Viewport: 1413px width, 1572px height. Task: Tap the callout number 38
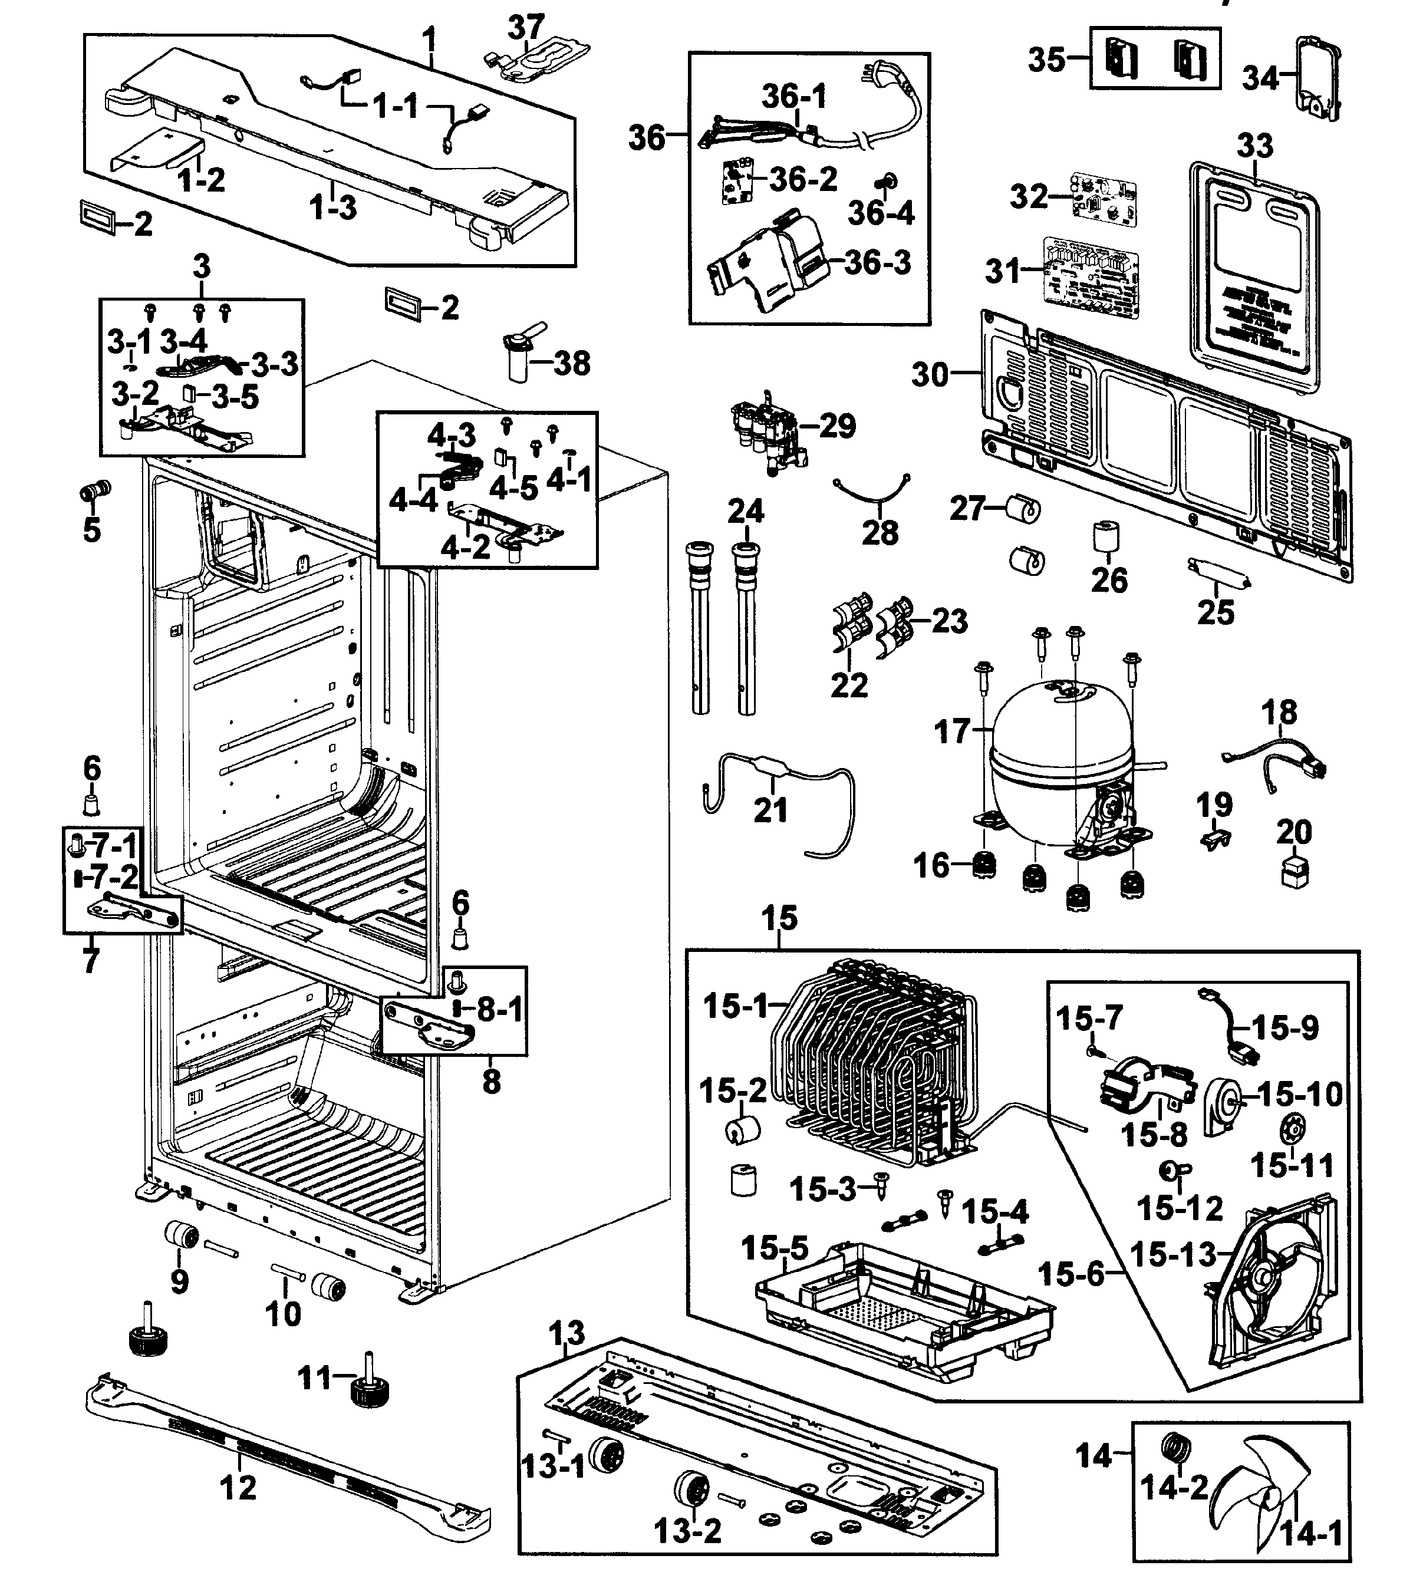[x=571, y=363]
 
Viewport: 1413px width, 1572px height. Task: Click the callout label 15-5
[x=774, y=1248]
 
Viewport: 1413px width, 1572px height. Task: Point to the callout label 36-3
[x=877, y=262]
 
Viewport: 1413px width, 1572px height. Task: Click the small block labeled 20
[x=1293, y=872]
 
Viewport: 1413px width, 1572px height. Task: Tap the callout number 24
[x=745, y=512]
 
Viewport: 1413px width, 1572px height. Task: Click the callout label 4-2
[x=465, y=548]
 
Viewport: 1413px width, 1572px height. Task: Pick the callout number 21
[x=770, y=810]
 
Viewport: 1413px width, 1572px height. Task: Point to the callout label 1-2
[x=201, y=180]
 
